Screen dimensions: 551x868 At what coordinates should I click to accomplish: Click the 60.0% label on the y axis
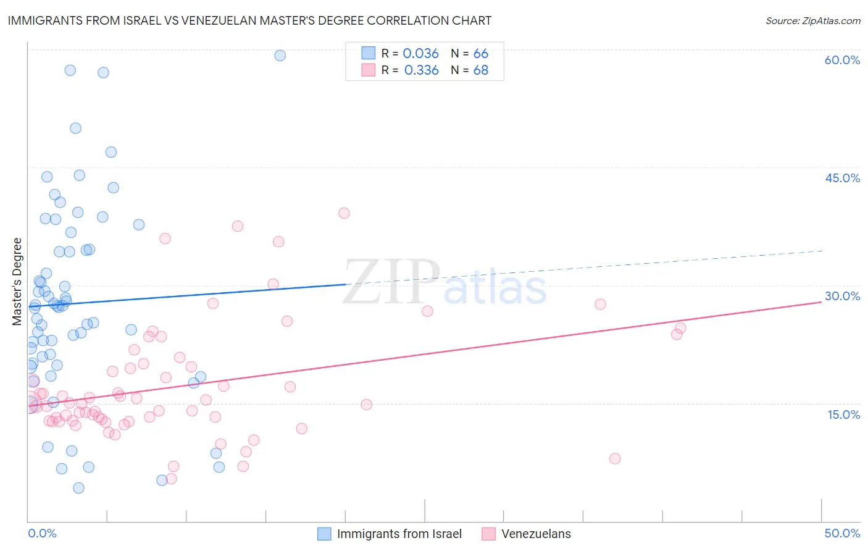pos(842,60)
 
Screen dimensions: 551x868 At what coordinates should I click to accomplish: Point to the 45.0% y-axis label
pos(842,178)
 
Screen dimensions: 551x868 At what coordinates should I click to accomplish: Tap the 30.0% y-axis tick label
pos(842,296)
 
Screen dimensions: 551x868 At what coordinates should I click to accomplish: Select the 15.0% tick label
pos(843,414)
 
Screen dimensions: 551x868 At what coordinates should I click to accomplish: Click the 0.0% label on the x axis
pos(42,533)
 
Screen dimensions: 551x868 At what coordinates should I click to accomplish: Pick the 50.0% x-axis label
pos(842,533)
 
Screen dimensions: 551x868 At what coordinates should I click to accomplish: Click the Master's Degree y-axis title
pos(17,281)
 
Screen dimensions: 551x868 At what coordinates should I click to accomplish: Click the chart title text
pos(249,20)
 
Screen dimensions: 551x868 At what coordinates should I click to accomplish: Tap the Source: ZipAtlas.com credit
pos(812,20)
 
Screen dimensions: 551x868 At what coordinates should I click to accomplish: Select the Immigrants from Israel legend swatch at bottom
pos(325,534)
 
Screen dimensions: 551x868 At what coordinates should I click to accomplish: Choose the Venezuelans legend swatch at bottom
pos(489,534)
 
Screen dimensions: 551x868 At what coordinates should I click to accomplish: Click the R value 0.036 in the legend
pos(420,53)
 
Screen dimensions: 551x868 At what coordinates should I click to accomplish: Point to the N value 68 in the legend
pos(480,70)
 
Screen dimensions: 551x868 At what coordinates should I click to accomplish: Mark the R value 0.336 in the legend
pos(421,70)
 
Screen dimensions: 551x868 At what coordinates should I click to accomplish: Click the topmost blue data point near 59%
pos(280,56)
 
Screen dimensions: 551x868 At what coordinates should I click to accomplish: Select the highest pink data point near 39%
pos(344,213)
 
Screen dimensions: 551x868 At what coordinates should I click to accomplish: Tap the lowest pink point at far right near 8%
pos(614,458)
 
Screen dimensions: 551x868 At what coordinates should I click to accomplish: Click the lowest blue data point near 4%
pos(78,488)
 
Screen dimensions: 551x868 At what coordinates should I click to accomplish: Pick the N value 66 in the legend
pos(480,53)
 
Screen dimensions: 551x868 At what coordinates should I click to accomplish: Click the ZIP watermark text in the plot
pos(391,282)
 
